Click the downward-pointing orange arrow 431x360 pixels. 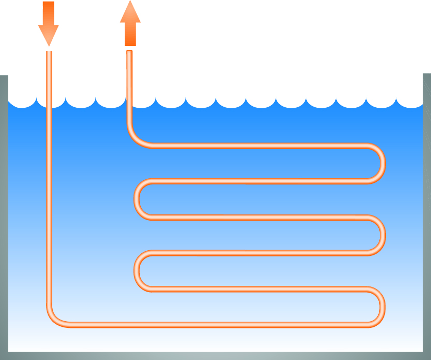tap(49, 23)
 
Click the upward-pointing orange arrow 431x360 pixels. tap(130, 23)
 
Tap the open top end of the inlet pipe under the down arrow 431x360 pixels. tap(49, 52)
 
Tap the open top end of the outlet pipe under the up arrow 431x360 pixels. tap(129, 52)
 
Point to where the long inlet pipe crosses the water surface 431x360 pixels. tap(49, 104)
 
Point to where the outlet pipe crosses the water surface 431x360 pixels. tap(129, 104)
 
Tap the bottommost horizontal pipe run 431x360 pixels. tap(217, 325)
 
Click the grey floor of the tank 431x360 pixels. tap(215, 356)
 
